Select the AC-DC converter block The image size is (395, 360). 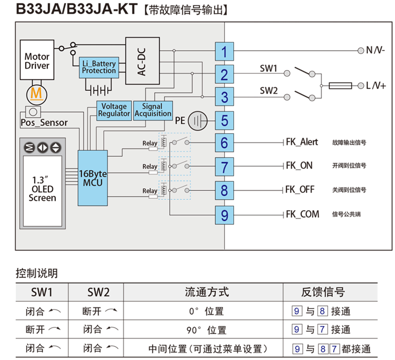[x=142, y=61]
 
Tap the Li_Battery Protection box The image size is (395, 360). [x=99, y=68]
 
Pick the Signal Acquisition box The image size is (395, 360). [x=153, y=110]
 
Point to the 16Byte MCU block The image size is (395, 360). [x=92, y=178]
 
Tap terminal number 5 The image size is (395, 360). [x=224, y=120]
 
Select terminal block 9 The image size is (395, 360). [x=224, y=215]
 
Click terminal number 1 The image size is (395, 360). [x=224, y=51]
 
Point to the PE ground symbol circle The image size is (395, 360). [x=199, y=120]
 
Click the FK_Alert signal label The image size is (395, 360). [x=302, y=142]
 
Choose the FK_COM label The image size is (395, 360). [x=302, y=214]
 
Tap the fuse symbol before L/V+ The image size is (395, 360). [x=340, y=86]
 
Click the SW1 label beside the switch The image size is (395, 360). [x=269, y=69]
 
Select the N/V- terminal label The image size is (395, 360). [x=375, y=50]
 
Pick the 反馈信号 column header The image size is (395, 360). [x=323, y=292]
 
